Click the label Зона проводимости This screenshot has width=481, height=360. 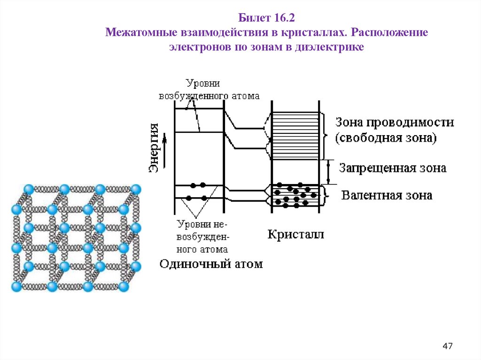coord(395,123)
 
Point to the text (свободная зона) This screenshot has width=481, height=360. coord(386,138)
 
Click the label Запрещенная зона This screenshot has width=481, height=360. coord(393,168)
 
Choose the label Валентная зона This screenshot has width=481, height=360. coord(387,195)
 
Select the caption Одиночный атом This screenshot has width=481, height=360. coord(211,264)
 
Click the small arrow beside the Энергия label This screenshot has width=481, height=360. coord(164,139)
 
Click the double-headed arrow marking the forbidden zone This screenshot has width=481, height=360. coord(329,172)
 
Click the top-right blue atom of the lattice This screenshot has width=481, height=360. coord(136,190)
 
